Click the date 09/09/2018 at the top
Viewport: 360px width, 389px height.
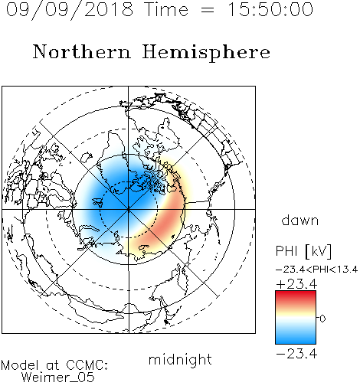pos(70,9)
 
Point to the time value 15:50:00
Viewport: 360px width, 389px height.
pos(270,9)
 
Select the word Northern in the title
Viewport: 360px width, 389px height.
pos(82,51)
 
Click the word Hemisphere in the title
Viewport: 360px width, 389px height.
pos(206,53)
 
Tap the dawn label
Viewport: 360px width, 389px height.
pos(300,220)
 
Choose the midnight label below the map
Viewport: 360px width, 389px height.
pos(180,360)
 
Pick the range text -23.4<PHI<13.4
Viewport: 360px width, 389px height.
pos(316,270)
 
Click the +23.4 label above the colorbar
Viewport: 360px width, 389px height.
pos(296,284)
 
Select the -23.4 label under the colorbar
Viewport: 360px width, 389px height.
pos(296,354)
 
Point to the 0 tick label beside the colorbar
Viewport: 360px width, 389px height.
pos(322,319)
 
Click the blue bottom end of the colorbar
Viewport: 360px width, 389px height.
pos(296,341)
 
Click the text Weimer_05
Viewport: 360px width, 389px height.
pos(58,377)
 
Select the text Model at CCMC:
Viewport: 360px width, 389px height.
pos(54,365)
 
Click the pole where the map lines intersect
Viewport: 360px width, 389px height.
pos(129,209)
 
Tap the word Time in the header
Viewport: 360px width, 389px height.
pos(166,9)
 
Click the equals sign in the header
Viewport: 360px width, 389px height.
pos(208,10)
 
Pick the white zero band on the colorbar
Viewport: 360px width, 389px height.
pos(296,319)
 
